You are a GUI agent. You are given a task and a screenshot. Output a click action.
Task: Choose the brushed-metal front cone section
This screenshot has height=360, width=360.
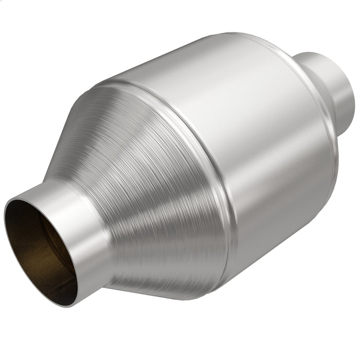pos(154,195)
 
